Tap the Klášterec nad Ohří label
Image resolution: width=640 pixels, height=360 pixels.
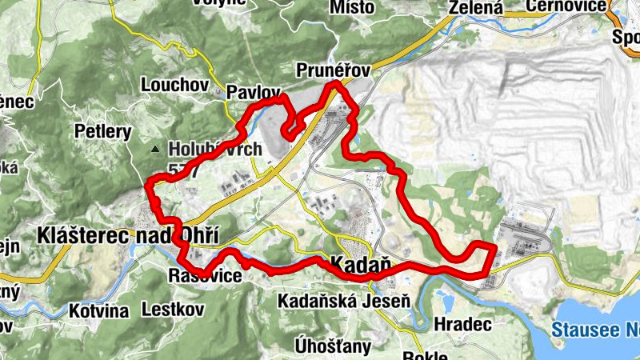coord(127,234)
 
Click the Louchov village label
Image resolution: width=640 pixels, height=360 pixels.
coord(174,84)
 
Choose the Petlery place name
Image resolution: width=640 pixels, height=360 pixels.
coord(102,130)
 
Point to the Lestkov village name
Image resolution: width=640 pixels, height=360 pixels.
coord(169,308)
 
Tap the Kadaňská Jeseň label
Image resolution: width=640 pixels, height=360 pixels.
coord(344,302)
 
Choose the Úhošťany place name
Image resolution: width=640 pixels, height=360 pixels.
coord(333,346)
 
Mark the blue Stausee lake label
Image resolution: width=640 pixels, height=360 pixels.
coord(595,329)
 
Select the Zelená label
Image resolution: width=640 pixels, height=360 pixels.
coord(476,8)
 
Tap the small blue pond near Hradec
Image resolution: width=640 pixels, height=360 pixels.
coord(446,302)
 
